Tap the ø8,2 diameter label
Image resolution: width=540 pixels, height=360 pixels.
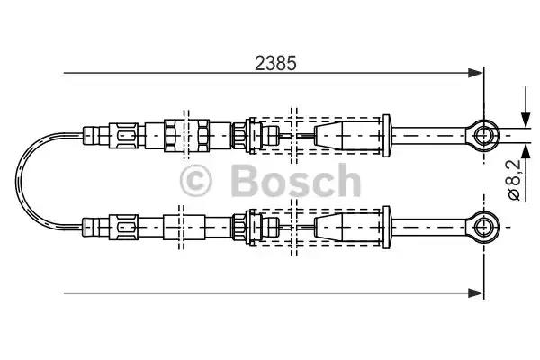[513, 179]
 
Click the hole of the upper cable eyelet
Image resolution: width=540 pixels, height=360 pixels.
[484, 135]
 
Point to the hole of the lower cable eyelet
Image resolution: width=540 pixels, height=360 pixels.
[484, 222]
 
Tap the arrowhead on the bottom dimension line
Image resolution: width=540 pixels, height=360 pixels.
[477, 291]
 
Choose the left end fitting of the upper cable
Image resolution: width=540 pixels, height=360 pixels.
[90, 136]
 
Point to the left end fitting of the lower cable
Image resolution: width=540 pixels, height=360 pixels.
[90, 222]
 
